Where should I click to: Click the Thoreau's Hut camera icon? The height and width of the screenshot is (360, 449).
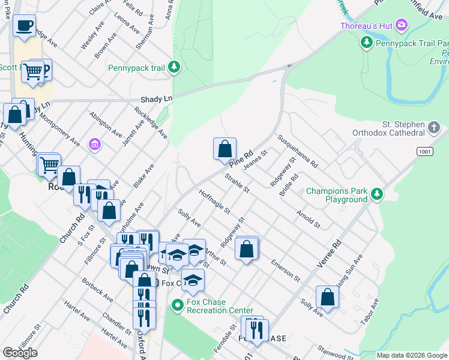402,25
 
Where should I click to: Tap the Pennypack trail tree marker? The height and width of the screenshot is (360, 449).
174,67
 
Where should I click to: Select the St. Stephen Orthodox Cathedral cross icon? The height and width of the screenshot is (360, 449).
435,127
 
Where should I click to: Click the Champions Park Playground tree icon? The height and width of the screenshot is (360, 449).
376,193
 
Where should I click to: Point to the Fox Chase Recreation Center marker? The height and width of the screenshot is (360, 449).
176,305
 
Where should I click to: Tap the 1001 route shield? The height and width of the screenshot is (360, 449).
423,152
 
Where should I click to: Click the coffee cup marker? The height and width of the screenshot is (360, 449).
24,26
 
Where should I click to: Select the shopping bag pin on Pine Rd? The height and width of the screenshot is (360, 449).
224,148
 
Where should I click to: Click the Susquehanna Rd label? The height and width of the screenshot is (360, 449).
297,151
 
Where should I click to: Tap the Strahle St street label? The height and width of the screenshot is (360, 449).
237,183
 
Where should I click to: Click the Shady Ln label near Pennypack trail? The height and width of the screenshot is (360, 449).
156,98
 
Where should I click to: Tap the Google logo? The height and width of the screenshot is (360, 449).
20,352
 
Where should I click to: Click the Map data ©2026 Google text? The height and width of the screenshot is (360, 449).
411,355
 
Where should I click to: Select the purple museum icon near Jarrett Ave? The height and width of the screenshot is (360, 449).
94,145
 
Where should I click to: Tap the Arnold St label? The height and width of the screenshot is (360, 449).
308,218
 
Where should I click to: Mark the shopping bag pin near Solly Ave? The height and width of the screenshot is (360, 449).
327,296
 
